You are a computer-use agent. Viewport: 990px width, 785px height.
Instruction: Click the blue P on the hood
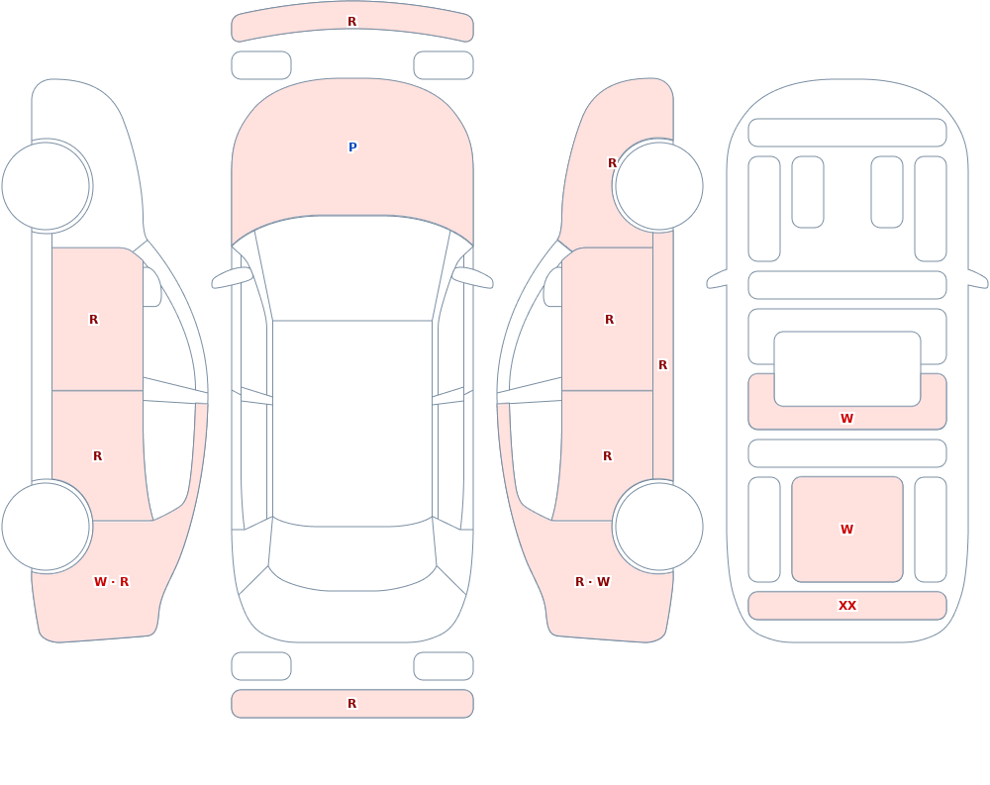pos(352,147)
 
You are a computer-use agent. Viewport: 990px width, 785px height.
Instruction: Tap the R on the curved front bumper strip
pos(352,22)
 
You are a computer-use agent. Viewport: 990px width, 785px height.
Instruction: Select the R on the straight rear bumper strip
pos(352,704)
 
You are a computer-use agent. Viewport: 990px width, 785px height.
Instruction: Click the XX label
pos(847,606)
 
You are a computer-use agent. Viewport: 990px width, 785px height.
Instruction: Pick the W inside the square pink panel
pos(847,530)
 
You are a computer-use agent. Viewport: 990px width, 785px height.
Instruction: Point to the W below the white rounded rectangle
pos(847,418)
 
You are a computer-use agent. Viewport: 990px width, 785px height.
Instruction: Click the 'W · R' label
pos(111,582)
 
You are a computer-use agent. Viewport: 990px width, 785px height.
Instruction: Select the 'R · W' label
pos(593,582)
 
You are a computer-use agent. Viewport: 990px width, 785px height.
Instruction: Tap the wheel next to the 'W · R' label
pos(47,526)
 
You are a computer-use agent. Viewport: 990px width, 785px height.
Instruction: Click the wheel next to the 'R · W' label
pos(658,526)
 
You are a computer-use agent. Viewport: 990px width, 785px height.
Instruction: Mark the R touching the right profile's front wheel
pos(612,163)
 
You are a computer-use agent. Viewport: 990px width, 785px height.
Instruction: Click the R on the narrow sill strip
pos(663,365)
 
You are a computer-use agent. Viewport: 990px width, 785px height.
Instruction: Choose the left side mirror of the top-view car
pos(232,278)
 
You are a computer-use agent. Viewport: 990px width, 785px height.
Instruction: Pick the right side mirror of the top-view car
pos(473,278)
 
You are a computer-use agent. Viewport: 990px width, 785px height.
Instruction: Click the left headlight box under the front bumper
pos(261,65)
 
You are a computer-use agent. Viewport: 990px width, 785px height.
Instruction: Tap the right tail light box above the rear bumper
pos(444,666)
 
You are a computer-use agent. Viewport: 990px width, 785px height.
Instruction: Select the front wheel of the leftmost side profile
pos(47,186)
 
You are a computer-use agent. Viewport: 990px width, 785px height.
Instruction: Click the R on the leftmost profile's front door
pos(93,320)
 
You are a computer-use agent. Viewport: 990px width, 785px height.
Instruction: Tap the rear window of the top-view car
pos(352,555)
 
